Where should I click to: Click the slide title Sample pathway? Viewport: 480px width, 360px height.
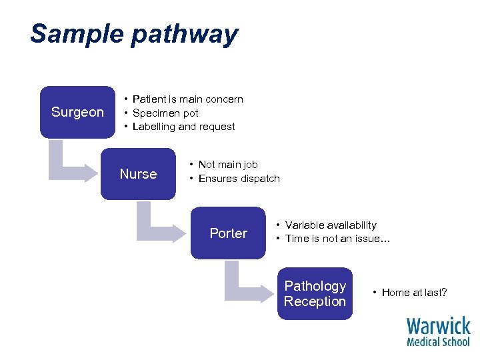point(133,33)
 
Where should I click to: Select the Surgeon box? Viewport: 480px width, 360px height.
point(77,112)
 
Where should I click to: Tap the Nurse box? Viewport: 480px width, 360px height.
point(138,174)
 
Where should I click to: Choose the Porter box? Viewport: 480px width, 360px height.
point(228,233)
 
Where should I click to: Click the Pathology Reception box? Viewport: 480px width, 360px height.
point(315,293)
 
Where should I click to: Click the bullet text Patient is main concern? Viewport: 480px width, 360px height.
point(187,99)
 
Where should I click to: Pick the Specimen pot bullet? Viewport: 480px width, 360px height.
point(165,113)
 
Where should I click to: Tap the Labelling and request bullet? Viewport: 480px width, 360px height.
point(183,127)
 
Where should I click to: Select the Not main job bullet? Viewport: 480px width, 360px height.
point(227,165)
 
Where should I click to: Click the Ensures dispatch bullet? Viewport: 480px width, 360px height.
point(239,179)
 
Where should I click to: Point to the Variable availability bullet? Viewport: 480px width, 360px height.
point(330,225)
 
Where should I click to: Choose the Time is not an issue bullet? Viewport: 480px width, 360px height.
point(337,239)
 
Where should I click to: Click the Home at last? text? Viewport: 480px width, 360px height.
point(414,293)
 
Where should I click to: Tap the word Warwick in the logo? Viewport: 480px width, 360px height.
point(438,326)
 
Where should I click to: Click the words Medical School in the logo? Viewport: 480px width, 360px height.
point(438,341)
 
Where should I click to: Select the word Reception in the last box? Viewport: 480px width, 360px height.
point(315,301)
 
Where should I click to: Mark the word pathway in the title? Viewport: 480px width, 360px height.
point(185,33)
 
